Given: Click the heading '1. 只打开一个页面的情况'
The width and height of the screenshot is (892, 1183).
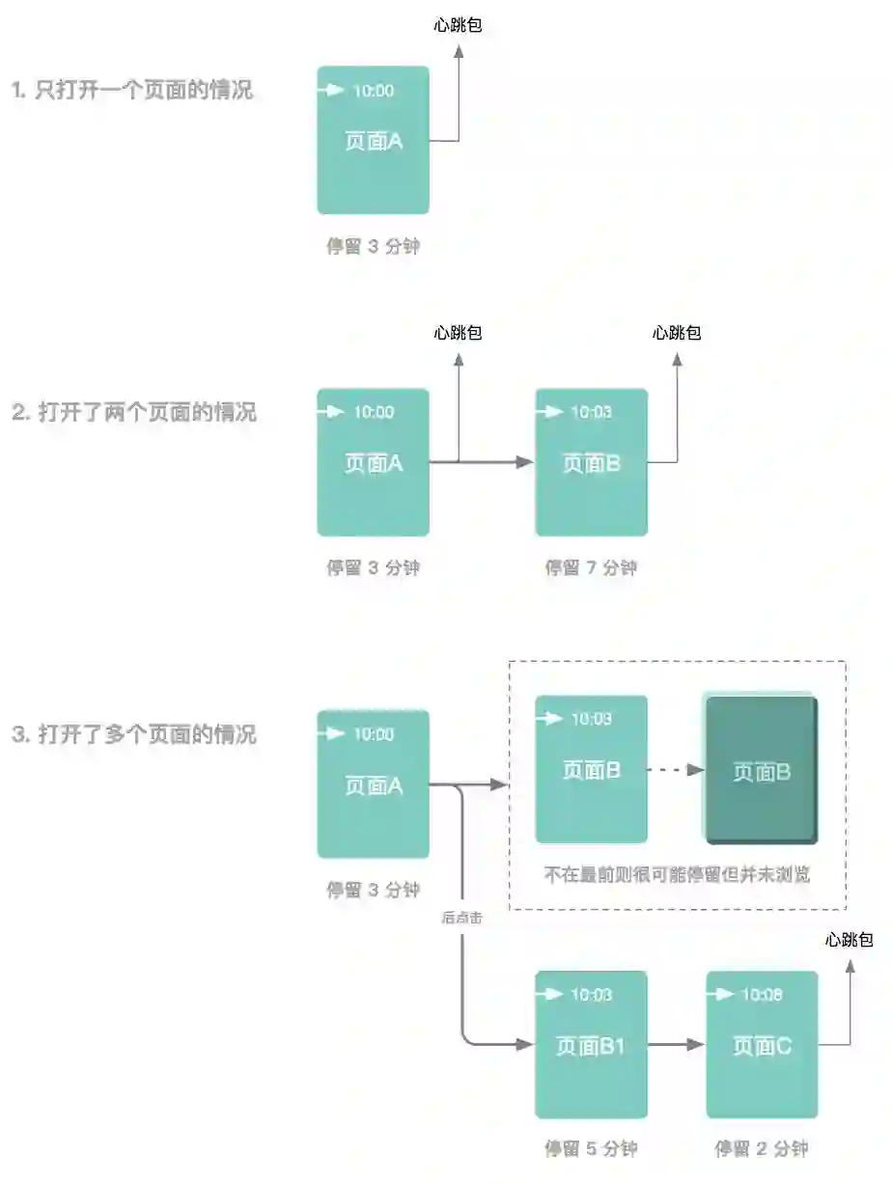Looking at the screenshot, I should tap(132, 92).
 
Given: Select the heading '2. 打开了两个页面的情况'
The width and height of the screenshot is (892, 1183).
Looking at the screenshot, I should tap(134, 413).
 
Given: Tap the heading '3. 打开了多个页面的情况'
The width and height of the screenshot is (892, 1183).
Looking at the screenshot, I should tap(134, 734).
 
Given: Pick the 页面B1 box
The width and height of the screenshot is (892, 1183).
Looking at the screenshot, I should tap(591, 1044).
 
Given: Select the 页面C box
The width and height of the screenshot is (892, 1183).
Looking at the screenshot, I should tap(762, 1044).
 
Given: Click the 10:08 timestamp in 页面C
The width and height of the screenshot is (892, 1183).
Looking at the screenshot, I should tap(762, 995).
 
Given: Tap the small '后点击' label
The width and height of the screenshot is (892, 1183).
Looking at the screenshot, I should tap(461, 919).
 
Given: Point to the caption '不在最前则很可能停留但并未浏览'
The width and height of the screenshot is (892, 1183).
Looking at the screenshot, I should tap(677, 875).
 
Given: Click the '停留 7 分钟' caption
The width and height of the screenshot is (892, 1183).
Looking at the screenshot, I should tap(591, 568).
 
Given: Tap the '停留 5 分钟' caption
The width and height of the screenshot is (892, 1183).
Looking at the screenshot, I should tap(591, 1149).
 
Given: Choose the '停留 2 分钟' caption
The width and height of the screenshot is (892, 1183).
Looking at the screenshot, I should tap(761, 1149).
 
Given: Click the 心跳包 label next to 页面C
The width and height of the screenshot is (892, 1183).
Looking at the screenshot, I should tap(850, 940).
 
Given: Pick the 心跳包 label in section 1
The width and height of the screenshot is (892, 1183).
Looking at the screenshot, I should tap(458, 25).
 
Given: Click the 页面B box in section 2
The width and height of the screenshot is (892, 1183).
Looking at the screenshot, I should tap(591, 462).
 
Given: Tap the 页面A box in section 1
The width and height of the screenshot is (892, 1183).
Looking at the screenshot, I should tap(373, 140).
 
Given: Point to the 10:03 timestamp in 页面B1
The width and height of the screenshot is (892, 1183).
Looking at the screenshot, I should tap(592, 995).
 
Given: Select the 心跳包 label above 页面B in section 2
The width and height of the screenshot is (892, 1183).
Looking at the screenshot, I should tap(677, 334).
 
